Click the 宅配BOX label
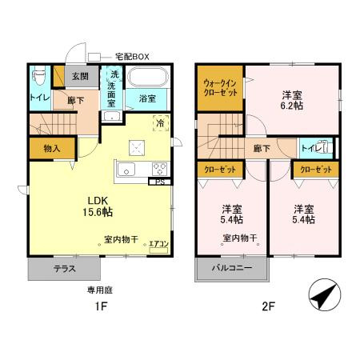[x=133, y=57]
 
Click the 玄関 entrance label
[x=81, y=77]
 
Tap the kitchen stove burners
[x=158, y=170]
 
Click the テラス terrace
[x=65, y=269]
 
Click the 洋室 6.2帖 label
[x=292, y=98]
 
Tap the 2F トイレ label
[x=309, y=149]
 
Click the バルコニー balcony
[x=233, y=268]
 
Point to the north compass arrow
[x=322, y=297]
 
